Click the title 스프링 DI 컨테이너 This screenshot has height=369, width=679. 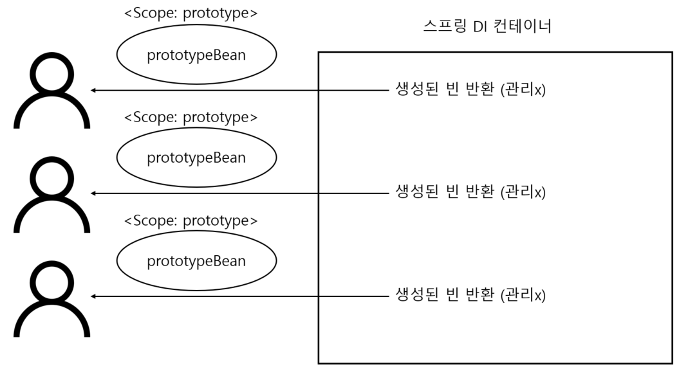click(487, 28)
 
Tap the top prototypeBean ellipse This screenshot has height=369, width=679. click(196, 55)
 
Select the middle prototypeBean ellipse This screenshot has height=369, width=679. click(196, 157)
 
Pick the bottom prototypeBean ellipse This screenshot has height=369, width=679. click(196, 260)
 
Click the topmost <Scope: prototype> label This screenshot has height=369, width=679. click(191, 13)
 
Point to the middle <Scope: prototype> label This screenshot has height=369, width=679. click(191, 117)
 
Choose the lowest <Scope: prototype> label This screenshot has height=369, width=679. click(191, 221)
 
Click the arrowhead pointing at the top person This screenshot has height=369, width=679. click(94, 90)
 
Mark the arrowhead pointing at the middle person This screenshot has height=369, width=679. click(94, 193)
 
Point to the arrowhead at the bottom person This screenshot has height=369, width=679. click(94, 296)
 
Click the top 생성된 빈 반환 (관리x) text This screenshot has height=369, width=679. click(470, 90)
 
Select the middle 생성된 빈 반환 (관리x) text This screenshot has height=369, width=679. click(470, 193)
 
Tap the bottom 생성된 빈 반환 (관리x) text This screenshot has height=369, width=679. click(470, 296)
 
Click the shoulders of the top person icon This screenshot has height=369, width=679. click(51, 116)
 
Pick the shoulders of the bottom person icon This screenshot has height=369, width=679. click(51, 323)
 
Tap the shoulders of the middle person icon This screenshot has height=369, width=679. click(51, 219)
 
